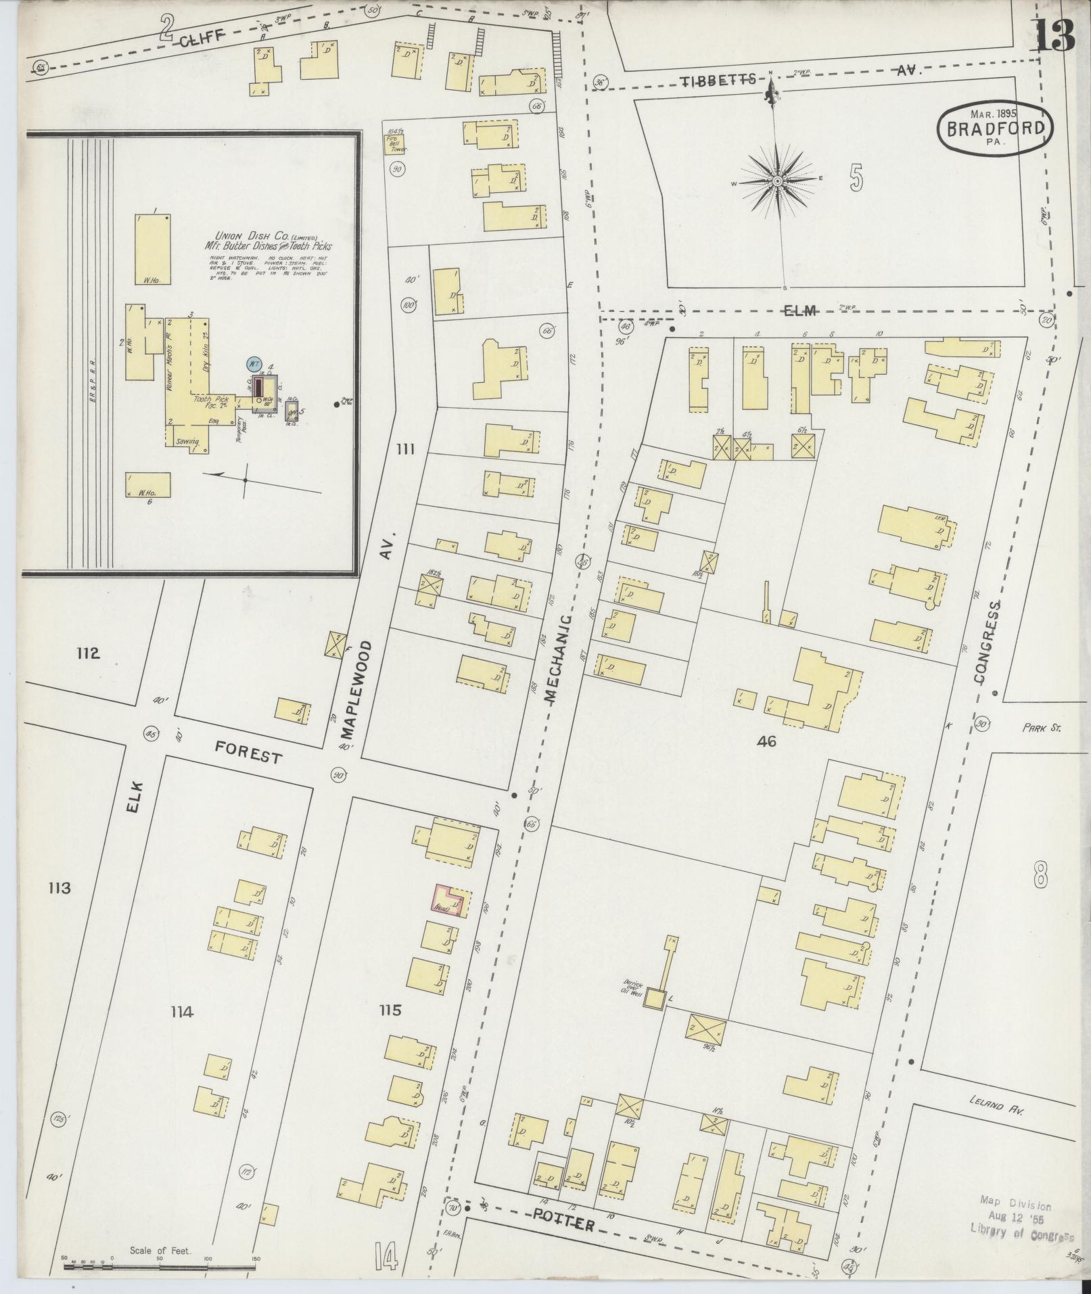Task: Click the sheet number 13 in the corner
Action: pos(1054,35)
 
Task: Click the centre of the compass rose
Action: pos(778,181)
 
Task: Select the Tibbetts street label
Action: pos(718,80)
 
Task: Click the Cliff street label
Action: pos(202,42)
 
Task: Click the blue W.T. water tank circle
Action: pos(254,364)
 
